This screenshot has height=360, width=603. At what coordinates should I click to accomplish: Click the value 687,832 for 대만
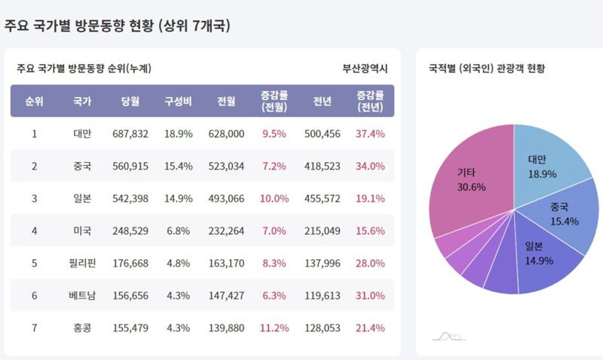(x=130, y=134)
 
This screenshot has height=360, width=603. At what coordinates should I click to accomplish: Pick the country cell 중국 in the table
(x=82, y=166)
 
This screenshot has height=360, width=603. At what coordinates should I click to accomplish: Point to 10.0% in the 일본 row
(x=274, y=199)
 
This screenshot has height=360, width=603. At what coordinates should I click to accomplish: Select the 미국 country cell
(x=82, y=231)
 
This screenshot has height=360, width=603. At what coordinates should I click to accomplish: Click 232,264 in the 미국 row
(x=225, y=231)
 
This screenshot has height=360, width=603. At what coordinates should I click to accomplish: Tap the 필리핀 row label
(x=82, y=264)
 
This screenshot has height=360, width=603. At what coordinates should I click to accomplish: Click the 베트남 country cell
(x=82, y=296)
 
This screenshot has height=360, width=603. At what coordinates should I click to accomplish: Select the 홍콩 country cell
(x=82, y=328)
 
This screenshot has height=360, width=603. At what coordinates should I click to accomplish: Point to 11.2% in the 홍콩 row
(x=274, y=328)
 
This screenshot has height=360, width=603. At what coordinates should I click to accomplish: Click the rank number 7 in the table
(x=34, y=328)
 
